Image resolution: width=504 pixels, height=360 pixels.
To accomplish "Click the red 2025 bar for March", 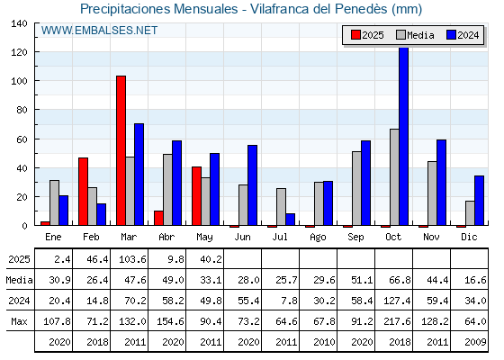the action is (121, 150).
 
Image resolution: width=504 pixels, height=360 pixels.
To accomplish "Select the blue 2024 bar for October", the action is (404, 136).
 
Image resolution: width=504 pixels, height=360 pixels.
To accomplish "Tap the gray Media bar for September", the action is (356, 188).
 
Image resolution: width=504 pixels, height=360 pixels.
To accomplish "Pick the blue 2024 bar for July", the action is (290, 220).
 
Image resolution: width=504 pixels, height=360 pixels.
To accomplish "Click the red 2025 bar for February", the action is (83, 192).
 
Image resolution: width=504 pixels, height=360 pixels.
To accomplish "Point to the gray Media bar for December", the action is (470, 213).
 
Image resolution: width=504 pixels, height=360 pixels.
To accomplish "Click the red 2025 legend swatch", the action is (355, 35).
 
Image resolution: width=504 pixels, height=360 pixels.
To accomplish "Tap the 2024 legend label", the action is (468, 35).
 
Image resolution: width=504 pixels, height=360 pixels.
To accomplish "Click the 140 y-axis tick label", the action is (19, 23).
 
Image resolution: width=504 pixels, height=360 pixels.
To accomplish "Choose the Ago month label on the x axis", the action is (318, 238).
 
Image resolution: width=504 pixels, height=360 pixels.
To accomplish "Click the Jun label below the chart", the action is (242, 237).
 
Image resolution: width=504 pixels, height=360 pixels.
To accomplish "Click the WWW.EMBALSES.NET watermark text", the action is (99, 31).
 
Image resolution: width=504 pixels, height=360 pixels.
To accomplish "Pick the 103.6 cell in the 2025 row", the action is (132, 259).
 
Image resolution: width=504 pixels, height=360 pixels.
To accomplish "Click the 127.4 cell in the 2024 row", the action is (397, 301).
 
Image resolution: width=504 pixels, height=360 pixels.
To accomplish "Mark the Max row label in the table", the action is (19, 321).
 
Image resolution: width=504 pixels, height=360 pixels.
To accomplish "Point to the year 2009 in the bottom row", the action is (475, 342).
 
